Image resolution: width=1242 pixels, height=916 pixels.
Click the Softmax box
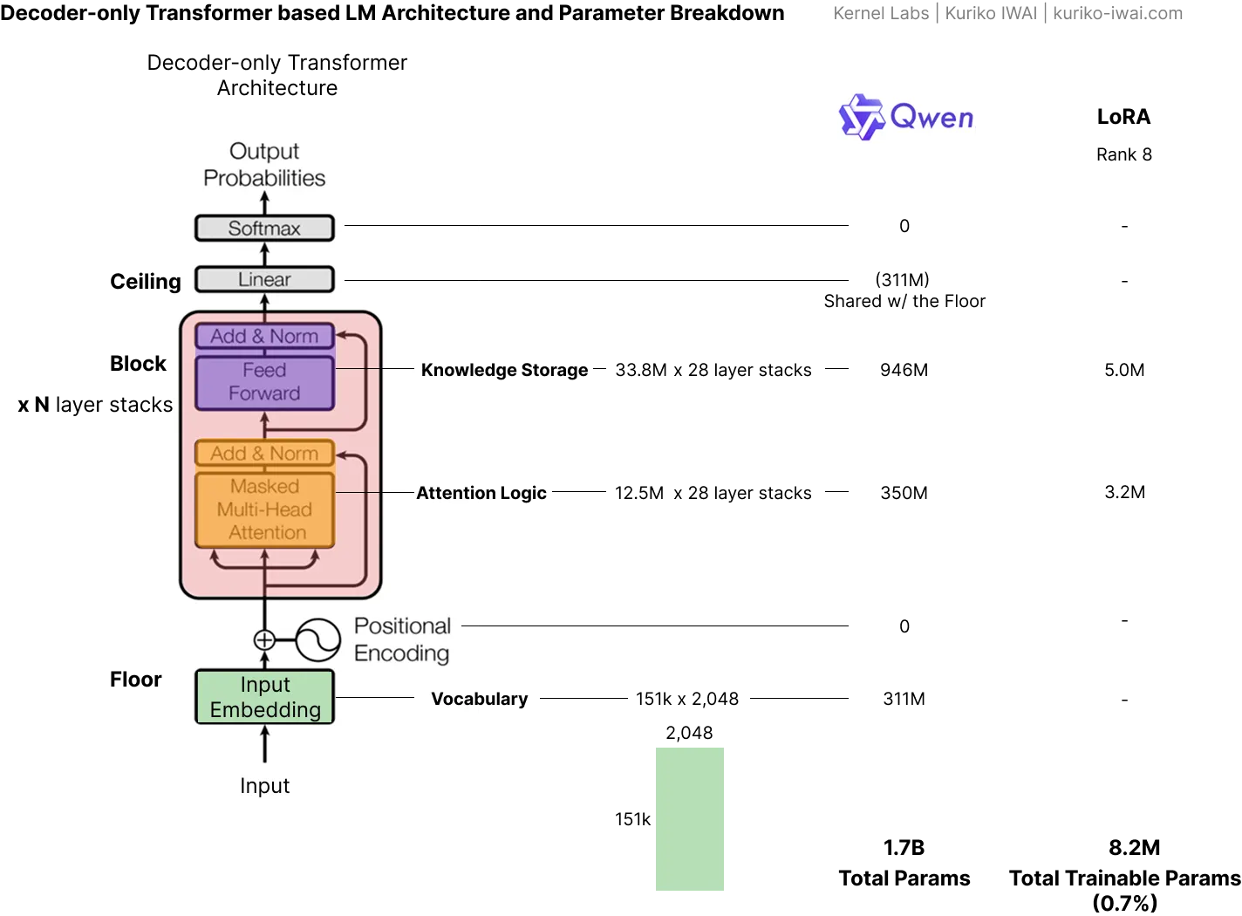pos(264,228)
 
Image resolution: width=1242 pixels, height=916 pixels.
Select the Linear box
pos(264,279)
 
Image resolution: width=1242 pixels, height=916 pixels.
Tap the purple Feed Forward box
pos(264,383)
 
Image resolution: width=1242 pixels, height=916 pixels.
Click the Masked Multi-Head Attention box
pos(264,509)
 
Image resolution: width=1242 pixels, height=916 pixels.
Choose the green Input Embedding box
pos(264,697)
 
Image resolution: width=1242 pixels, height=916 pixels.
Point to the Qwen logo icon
pos(861,117)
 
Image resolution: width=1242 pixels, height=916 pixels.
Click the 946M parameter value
pos(904,370)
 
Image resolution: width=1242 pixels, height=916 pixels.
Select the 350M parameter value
pos(904,493)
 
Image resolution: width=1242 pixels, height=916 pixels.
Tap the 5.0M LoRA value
pos(1124,370)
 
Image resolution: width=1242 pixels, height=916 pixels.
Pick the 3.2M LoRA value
pos(1124,492)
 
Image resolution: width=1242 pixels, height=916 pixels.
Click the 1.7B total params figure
pos(904,848)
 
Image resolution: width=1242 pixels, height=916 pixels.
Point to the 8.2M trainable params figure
pos(1134,848)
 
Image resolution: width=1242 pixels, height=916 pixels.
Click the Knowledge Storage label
pos(504,370)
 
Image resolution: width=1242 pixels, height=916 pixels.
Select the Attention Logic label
pos(481,493)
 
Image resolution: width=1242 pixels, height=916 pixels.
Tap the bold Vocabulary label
pos(479,699)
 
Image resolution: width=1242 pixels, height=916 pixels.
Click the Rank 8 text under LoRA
pos(1124,154)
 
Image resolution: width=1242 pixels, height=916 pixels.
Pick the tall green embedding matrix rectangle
pos(690,819)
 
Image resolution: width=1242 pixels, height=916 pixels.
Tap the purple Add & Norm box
pos(264,336)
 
